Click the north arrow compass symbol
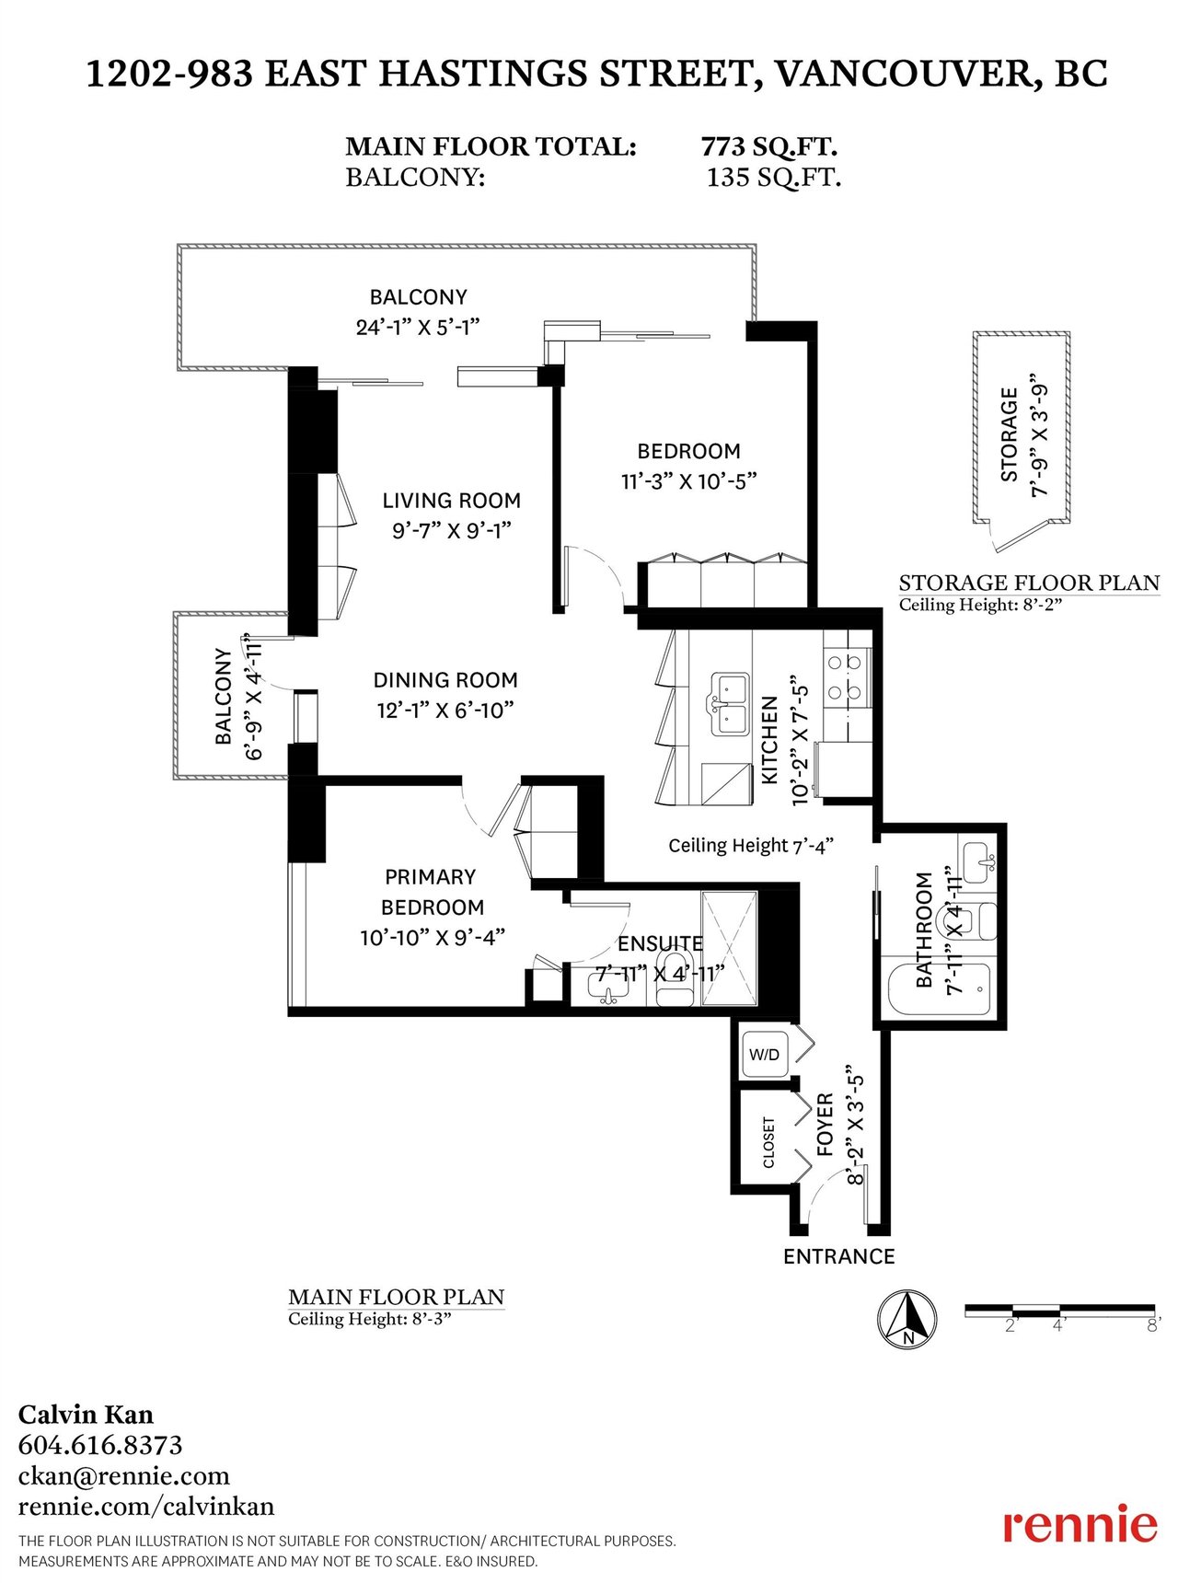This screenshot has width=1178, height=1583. [907, 1320]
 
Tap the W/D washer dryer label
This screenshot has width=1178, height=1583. [764, 1055]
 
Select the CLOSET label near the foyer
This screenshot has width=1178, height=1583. [768, 1142]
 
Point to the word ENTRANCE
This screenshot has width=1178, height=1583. [838, 1256]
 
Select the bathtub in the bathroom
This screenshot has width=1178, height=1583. [940, 989]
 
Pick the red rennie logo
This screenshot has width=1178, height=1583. [1080, 1526]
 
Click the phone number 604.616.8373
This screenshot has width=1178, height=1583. [100, 1445]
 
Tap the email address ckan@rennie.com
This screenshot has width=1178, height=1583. [123, 1476]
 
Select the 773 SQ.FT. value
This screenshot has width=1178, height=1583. [768, 146]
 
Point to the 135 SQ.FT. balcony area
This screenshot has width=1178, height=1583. [773, 177]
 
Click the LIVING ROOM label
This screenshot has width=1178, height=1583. [452, 501]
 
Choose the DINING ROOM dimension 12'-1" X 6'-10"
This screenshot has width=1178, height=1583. [445, 711]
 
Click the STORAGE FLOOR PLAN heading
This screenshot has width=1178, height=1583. [1029, 583]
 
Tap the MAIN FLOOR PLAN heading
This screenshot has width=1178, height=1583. [397, 1297]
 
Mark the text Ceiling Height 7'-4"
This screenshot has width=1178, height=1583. [751, 846]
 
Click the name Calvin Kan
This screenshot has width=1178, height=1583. [86, 1415]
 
